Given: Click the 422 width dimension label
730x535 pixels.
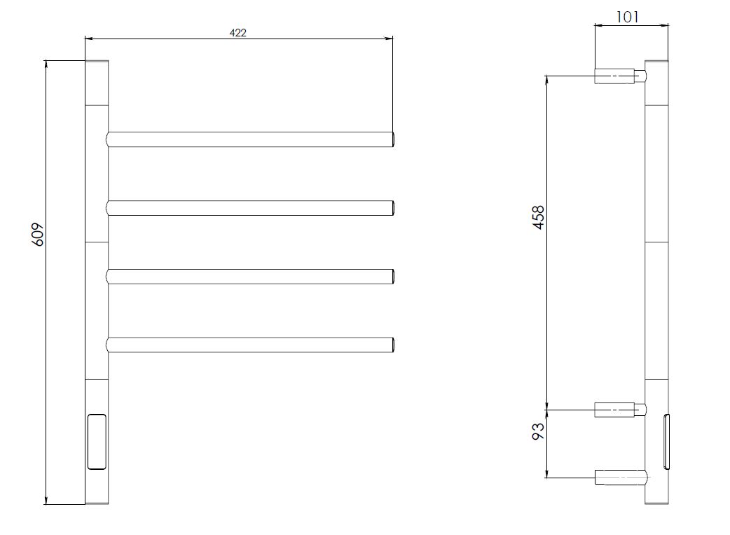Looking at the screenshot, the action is (238, 33).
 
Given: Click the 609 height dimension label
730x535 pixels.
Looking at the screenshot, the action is (38, 235).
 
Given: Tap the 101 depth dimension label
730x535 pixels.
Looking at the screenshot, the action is (627, 18).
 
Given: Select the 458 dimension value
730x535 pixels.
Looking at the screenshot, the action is (538, 217).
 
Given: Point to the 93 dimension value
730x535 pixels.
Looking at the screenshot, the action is (538, 431).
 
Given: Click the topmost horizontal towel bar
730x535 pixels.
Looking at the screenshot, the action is (251, 139).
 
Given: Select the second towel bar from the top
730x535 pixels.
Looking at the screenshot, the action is (251, 208).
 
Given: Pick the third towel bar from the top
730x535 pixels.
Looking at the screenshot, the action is (251, 277).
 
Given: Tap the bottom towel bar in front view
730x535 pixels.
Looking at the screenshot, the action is (251, 345).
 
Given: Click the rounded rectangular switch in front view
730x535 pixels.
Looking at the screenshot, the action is (97, 441).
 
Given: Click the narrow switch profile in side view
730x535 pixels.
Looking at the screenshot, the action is (667, 441).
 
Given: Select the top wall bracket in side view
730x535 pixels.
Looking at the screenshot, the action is (620, 76).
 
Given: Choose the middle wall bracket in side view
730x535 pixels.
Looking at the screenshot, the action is (620, 410).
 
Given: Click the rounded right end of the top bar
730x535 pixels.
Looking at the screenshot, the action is (394, 139).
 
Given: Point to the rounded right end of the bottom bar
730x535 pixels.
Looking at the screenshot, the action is (394, 345).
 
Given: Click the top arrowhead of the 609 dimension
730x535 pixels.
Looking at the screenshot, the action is (46, 64).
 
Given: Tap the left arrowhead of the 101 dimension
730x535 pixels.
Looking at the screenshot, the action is (599, 26).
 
